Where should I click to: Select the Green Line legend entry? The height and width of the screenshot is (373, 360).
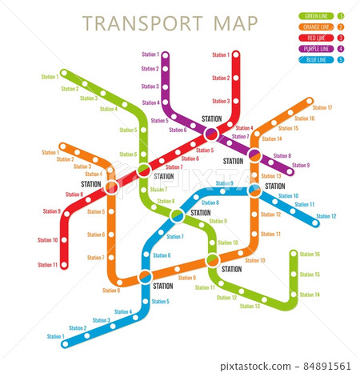click(x=315, y=15)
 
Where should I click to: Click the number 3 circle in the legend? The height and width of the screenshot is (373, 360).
click(x=342, y=37)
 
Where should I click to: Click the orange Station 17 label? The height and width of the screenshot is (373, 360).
click(x=322, y=107)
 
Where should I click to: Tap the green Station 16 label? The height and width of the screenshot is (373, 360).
click(x=310, y=255)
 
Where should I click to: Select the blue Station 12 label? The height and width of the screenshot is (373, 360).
click(x=326, y=216)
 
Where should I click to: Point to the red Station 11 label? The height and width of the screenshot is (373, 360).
click(x=48, y=264)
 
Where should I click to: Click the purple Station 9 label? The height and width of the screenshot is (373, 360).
click(x=300, y=166)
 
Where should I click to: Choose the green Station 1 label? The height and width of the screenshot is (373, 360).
click(x=50, y=77)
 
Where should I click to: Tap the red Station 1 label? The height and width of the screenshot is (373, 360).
click(x=221, y=55)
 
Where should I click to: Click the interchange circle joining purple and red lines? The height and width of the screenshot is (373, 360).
click(x=211, y=134)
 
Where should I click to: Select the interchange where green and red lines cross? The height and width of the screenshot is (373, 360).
click(x=144, y=170)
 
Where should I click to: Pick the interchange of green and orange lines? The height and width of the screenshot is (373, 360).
click(x=213, y=260)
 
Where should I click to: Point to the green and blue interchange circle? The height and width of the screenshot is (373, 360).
click(x=178, y=215)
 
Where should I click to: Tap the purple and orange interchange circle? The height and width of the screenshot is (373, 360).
click(x=254, y=154)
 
